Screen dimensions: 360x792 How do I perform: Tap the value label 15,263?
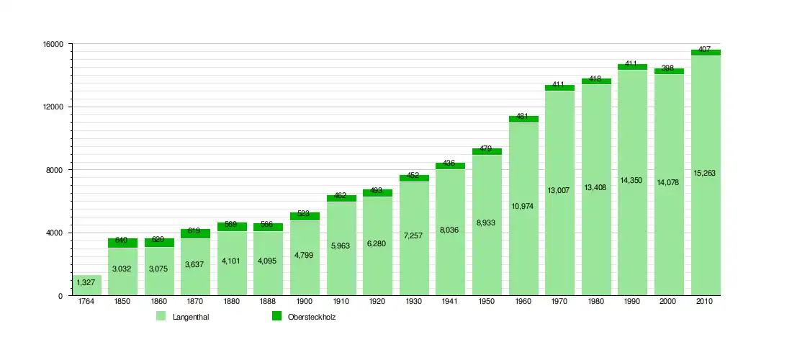pyautogui.click(x=704, y=173)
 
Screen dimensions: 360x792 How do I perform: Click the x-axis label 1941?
pyautogui.click(x=449, y=302)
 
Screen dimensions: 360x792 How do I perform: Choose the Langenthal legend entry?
pyautogui.click(x=186, y=317)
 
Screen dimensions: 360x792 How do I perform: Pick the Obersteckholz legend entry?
pyautogui.click(x=312, y=317)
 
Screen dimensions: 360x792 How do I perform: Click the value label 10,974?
pyautogui.click(x=522, y=207)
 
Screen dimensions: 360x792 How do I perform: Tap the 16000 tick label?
pyautogui.click(x=53, y=44)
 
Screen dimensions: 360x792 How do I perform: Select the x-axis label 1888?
pyautogui.click(x=268, y=302)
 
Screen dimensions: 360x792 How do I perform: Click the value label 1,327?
pyautogui.click(x=86, y=283)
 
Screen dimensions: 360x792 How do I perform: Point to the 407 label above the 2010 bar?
pyautogui.click(x=704, y=50)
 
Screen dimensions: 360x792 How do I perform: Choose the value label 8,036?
pyautogui.click(x=449, y=230)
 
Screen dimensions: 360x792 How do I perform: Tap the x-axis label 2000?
pyautogui.click(x=667, y=302)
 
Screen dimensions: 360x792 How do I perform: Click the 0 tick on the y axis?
pyautogui.click(x=60, y=296)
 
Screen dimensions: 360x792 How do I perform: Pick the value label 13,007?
pyautogui.click(x=559, y=190)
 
